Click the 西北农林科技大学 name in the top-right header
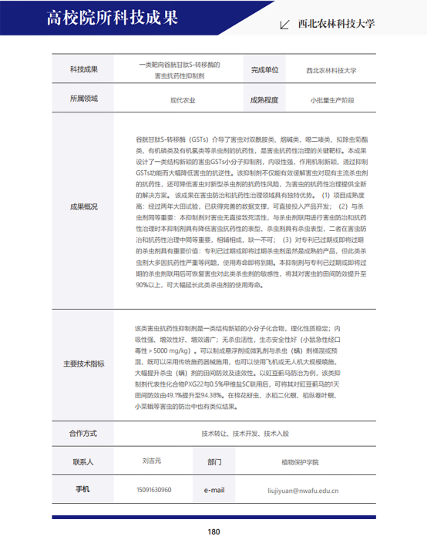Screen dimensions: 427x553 click(x=336, y=24)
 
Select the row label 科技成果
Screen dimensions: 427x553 click(x=84, y=69)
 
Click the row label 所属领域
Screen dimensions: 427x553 click(x=84, y=99)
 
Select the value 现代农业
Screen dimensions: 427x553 click(x=183, y=100)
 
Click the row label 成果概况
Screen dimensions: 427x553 click(x=84, y=207)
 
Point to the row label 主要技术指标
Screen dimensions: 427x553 click(x=84, y=364)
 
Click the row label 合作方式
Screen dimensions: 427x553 click(x=84, y=433)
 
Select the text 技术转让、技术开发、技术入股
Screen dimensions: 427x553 click(x=245, y=434)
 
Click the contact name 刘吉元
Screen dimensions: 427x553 click(x=153, y=462)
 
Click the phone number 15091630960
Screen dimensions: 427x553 click(x=153, y=489)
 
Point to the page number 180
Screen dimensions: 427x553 click(x=214, y=532)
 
